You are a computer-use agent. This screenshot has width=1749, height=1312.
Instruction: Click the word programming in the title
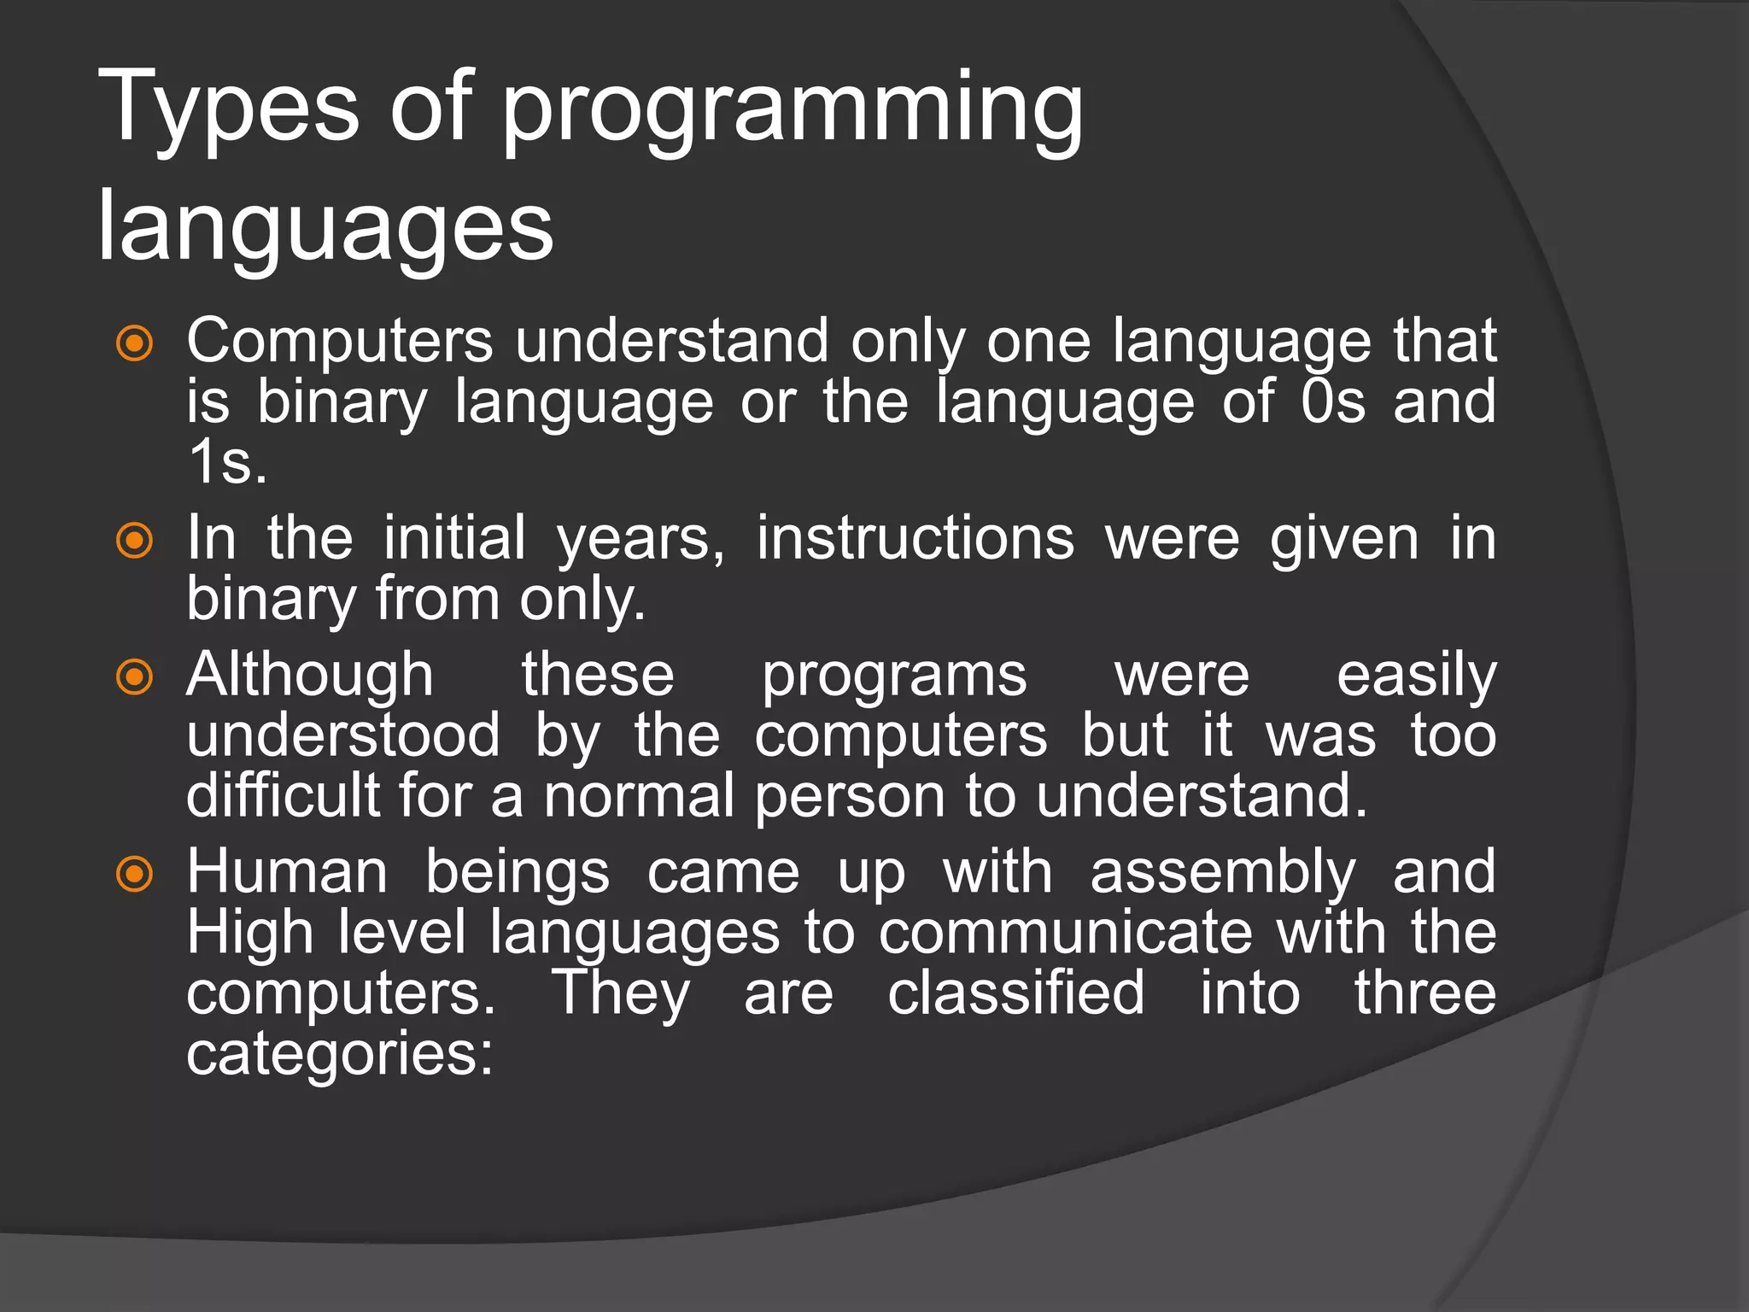(793, 111)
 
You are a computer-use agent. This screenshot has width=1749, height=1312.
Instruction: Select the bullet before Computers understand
(135, 344)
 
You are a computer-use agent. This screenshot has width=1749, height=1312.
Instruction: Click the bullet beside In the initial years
(135, 541)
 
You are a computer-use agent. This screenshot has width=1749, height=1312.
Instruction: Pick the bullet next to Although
(135, 678)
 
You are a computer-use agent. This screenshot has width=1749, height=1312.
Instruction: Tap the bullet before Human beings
(135, 875)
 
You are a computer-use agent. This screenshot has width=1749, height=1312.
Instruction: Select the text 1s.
(227, 463)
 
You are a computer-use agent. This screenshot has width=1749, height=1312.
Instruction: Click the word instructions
(915, 539)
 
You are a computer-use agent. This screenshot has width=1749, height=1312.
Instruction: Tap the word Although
(310, 676)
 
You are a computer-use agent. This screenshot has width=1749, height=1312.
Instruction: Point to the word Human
(287, 873)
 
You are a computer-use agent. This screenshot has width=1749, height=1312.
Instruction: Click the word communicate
(1065, 933)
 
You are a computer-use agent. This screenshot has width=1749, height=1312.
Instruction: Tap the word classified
(1015, 993)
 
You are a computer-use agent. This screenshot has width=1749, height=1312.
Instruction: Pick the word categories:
(340, 1055)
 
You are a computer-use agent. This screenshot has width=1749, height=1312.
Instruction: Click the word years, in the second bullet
(641, 541)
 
